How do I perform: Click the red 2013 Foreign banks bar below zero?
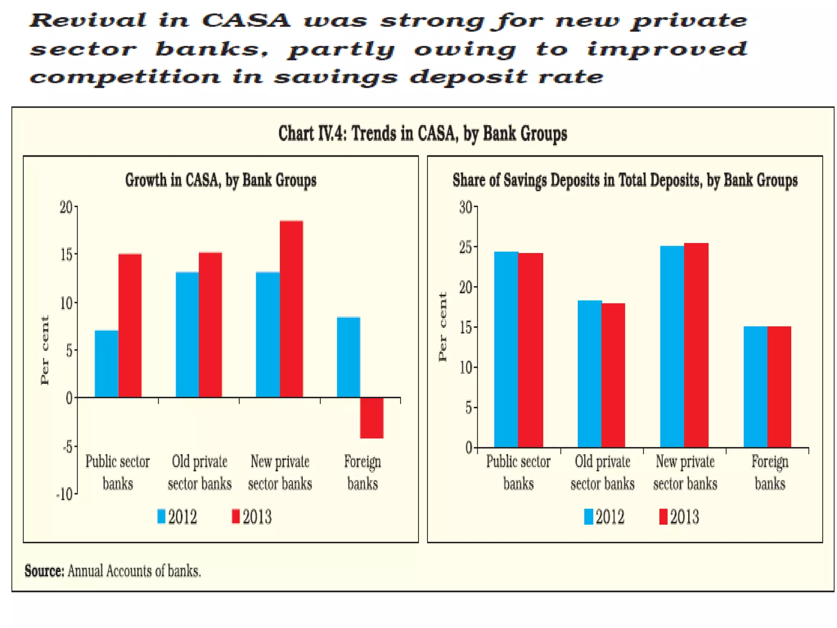pyautogui.click(x=372, y=417)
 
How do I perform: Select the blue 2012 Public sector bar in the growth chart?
pyautogui.click(x=106, y=363)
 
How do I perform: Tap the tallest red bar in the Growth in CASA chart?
pyautogui.click(x=291, y=309)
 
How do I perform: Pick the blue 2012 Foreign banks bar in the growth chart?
pyautogui.click(x=348, y=357)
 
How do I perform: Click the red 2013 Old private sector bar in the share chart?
pyautogui.click(x=613, y=375)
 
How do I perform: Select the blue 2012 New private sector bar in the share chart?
pyautogui.click(x=672, y=346)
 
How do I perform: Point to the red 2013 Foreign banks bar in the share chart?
pyautogui.click(x=779, y=386)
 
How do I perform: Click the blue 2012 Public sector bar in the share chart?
pyautogui.click(x=506, y=349)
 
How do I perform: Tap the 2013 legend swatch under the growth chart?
pyautogui.click(x=235, y=516)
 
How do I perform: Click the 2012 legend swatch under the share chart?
pyautogui.click(x=588, y=517)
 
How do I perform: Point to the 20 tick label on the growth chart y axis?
pyautogui.click(x=66, y=208)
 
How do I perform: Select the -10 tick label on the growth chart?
pyautogui.click(x=65, y=495)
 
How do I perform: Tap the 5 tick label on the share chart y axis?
pyautogui.click(x=468, y=408)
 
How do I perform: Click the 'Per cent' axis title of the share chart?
pyautogui.click(x=443, y=327)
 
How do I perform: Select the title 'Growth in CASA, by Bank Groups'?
pyautogui.click(x=221, y=180)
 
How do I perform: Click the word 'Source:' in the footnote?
pyautogui.click(x=44, y=571)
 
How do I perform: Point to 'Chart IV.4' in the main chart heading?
pyautogui.click(x=312, y=134)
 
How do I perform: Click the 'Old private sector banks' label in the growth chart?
pyautogui.click(x=199, y=473)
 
